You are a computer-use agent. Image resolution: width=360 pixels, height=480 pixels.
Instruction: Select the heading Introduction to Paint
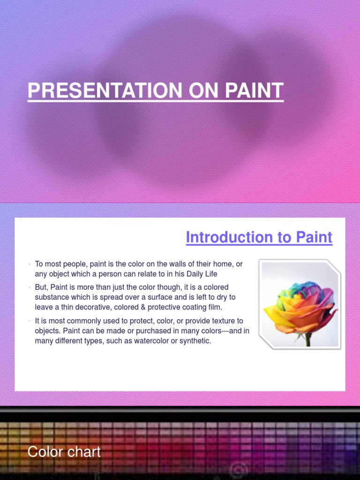point(259,237)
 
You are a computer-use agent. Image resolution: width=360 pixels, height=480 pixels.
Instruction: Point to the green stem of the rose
point(308,339)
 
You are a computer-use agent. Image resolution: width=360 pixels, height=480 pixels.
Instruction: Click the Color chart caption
point(64,452)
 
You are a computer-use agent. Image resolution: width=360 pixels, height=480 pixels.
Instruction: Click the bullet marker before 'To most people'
point(29,264)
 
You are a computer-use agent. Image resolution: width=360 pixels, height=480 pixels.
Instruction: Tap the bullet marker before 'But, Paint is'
point(29,287)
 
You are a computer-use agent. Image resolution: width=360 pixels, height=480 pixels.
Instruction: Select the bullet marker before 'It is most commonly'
point(29,321)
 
